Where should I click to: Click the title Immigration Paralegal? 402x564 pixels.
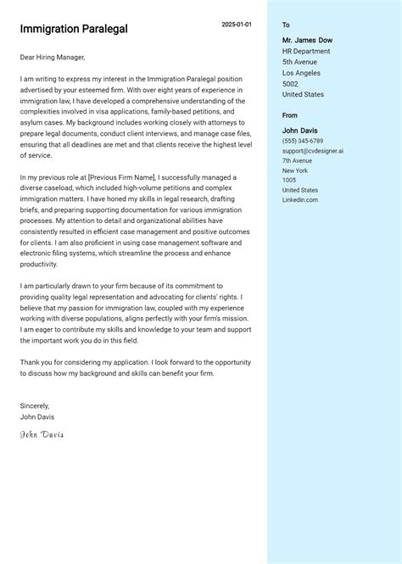(x=74, y=29)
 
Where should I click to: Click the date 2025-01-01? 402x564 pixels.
(x=237, y=25)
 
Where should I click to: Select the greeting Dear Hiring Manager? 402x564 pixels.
(x=53, y=57)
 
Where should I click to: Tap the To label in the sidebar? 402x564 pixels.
(x=286, y=25)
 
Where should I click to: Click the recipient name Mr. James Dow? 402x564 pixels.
(x=307, y=40)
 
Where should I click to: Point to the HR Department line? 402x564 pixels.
(x=306, y=51)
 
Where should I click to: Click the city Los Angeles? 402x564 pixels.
(x=302, y=73)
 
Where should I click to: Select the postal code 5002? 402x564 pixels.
(x=290, y=84)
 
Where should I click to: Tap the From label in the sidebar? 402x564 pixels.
(x=290, y=115)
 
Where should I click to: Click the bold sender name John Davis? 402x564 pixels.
(x=300, y=130)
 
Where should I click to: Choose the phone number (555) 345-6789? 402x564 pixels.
(x=303, y=141)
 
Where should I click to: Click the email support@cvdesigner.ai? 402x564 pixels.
(x=313, y=150)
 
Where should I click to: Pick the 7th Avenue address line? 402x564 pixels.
(x=297, y=160)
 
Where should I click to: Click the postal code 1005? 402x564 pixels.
(x=289, y=180)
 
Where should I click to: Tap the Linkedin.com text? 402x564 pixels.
(x=300, y=199)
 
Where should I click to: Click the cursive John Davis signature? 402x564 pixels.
(x=42, y=435)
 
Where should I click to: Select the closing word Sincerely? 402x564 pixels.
(x=35, y=405)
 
